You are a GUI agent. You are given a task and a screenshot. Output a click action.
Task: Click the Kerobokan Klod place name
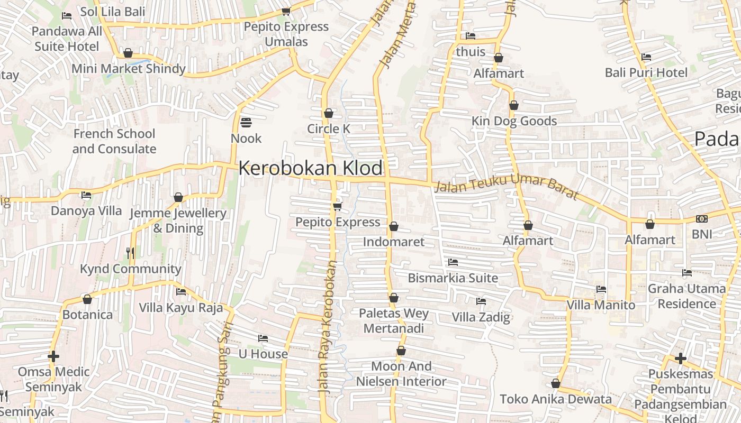click(310, 168)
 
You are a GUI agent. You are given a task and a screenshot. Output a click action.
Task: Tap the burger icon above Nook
click(246, 123)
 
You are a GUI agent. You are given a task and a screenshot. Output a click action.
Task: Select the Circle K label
click(329, 128)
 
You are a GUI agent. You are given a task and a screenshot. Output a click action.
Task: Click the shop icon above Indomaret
click(394, 227)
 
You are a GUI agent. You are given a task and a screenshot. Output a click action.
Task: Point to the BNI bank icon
click(702, 219)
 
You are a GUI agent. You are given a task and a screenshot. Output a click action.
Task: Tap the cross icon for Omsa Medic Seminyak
click(53, 356)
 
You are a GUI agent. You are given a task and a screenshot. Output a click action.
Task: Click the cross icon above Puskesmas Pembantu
click(681, 359)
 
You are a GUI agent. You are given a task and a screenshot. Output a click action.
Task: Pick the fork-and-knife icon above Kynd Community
click(130, 253)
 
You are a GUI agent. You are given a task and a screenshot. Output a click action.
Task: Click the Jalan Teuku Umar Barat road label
click(506, 188)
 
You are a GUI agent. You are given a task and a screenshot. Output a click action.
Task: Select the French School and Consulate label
click(114, 141)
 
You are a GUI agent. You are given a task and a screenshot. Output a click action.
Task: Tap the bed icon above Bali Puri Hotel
click(646, 57)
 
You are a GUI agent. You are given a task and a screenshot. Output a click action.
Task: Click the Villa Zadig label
click(481, 317)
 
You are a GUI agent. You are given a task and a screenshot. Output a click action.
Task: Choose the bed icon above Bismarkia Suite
click(453, 262)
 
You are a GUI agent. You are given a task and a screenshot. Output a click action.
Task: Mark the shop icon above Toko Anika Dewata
click(556, 383)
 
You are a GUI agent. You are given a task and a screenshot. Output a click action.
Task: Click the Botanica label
click(87, 315)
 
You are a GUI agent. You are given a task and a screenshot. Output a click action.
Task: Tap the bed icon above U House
click(263, 338)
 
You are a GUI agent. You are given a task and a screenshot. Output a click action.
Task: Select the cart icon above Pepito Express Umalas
click(286, 11)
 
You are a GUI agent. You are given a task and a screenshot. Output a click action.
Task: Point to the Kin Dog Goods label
click(514, 121)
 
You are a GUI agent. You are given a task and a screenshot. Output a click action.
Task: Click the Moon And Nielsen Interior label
click(401, 374)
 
